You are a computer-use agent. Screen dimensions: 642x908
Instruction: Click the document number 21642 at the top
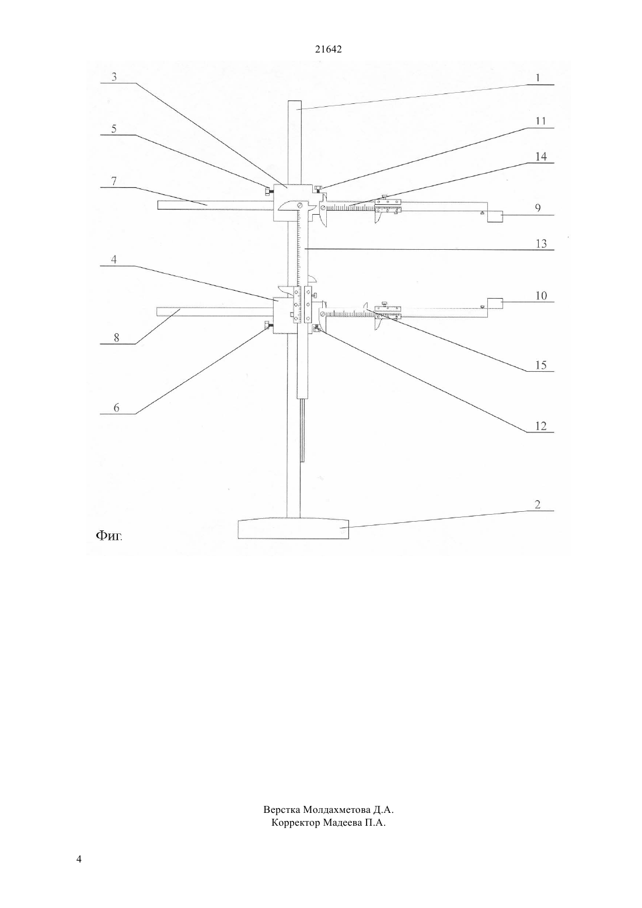[x=328, y=49]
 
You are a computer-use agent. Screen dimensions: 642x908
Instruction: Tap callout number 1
[x=538, y=78]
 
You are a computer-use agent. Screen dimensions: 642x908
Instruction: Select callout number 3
[x=114, y=76]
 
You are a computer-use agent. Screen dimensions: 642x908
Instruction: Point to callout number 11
[x=540, y=121]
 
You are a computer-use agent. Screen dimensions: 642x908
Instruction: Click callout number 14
[x=541, y=156]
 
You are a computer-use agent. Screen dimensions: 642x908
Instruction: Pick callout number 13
[x=541, y=243]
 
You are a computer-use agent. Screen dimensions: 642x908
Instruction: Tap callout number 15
[x=541, y=365]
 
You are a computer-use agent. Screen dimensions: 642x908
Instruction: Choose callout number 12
[x=541, y=426]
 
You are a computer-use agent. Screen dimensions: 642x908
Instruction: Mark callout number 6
[x=116, y=407]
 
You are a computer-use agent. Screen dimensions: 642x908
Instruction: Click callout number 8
[x=116, y=338]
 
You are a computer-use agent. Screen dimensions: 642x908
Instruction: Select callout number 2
[x=538, y=505]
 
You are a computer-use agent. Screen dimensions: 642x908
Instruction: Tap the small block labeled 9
[x=495, y=216]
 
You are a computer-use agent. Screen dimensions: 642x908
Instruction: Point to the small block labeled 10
[x=495, y=303]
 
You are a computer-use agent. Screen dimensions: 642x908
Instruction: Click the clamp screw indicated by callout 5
[x=267, y=191]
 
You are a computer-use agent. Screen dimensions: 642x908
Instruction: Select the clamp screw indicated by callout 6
[x=267, y=324]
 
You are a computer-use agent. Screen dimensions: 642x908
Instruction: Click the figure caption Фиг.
[x=109, y=536]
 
